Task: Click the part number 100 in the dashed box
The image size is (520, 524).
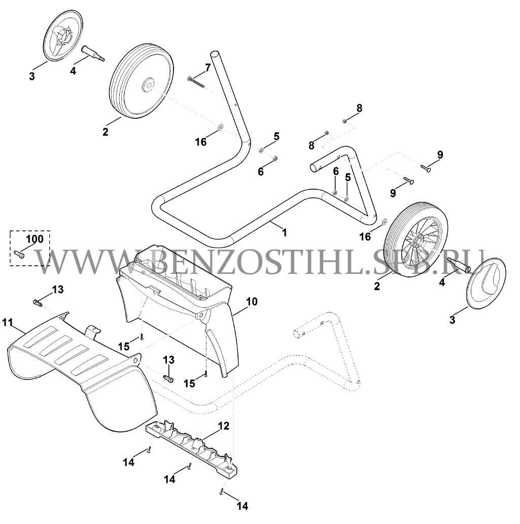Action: click(35, 239)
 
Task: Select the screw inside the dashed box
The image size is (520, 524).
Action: click(19, 254)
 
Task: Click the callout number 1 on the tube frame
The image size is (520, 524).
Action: click(285, 232)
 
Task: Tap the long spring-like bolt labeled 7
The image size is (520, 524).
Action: click(196, 82)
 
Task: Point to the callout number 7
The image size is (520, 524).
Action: click(208, 68)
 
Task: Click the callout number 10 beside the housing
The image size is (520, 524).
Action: click(252, 301)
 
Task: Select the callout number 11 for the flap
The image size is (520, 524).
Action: click(7, 323)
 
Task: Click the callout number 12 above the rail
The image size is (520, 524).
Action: click(224, 426)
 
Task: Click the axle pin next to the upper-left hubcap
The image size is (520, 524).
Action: click(93, 53)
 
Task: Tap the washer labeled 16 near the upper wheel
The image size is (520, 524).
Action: click(220, 127)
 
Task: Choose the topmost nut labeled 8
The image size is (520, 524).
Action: click(345, 121)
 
